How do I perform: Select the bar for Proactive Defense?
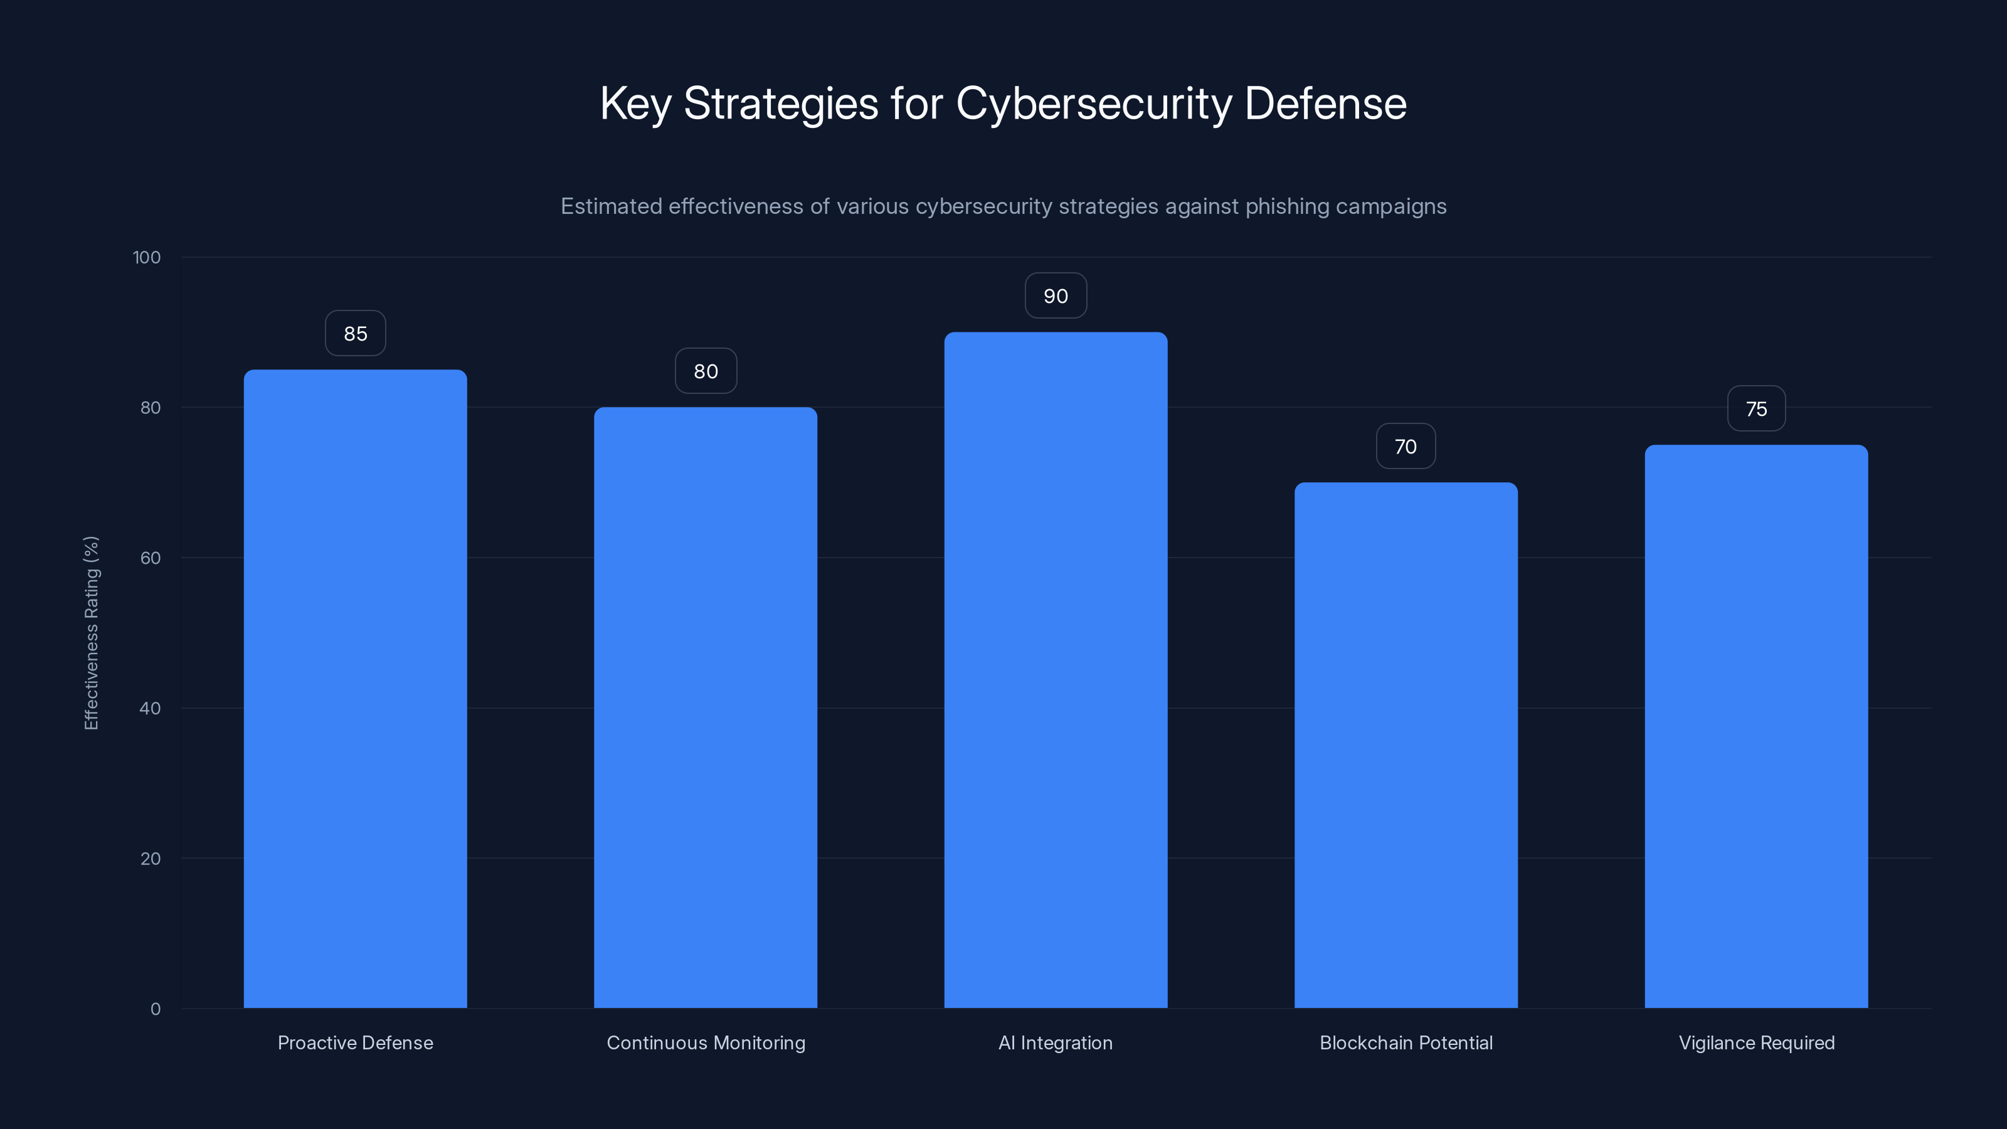pyautogui.click(x=355, y=689)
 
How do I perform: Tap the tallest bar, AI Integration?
pyautogui.click(x=1056, y=670)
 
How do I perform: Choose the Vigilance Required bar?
pyautogui.click(x=1756, y=726)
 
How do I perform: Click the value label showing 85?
pyautogui.click(x=355, y=334)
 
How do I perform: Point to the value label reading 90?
pyautogui.click(x=1056, y=296)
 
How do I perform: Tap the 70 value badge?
pyautogui.click(x=1406, y=447)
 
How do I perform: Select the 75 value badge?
pyautogui.click(x=1756, y=409)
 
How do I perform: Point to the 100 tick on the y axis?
pyautogui.click(x=147, y=257)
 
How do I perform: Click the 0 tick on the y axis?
pyautogui.click(x=155, y=1009)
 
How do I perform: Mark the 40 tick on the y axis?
pyautogui.click(x=150, y=708)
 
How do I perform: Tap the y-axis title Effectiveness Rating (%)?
pyautogui.click(x=91, y=633)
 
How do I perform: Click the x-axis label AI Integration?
pyautogui.click(x=1056, y=1042)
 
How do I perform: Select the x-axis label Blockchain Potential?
pyautogui.click(x=1406, y=1042)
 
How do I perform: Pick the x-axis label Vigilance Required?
pyautogui.click(x=1756, y=1042)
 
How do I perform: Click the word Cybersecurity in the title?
pyautogui.click(x=1093, y=103)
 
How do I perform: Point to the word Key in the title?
pyautogui.click(x=634, y=103)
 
